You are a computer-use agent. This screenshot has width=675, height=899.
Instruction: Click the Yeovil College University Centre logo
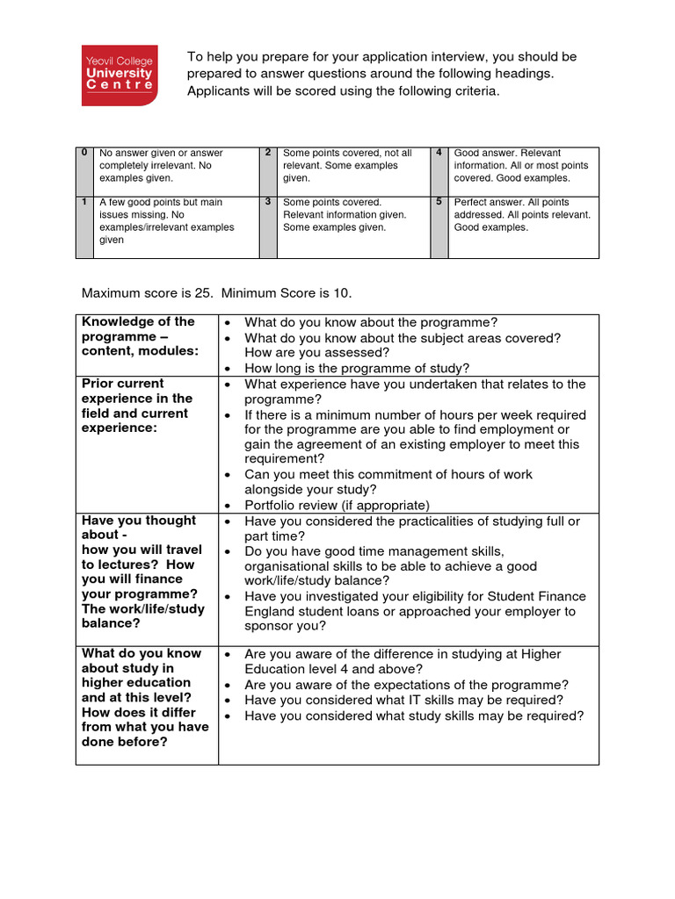pyautogui.click(x=118, y=75)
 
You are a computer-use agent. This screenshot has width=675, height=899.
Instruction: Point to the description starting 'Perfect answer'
pyautogui.click(x=522, y=214)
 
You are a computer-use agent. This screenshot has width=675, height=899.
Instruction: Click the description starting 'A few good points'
pyautogui.click(x=167, y=220)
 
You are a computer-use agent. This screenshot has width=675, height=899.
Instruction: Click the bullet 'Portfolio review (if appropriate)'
pyautogui.click(x=337, y=505)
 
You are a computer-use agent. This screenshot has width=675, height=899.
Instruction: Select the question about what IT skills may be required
pyautogui.click(x=404, y=700)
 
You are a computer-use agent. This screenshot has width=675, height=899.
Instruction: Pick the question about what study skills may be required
pyautogui.click(x=413, y=716)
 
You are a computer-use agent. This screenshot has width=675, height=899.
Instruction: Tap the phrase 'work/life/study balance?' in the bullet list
pyautogui.click(x=316, y=580)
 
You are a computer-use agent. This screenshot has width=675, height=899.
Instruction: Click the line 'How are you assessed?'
pyautogui.click(x=316, y=353)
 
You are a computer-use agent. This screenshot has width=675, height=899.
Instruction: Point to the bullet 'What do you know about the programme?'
pyautogui.click(x=370, y=322)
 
